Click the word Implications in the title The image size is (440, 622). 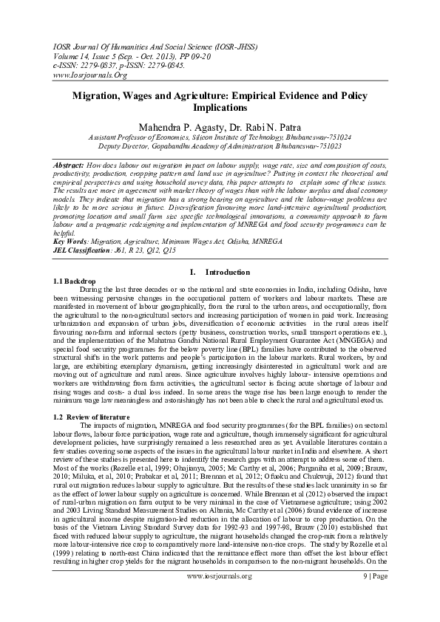click(x=220, y=107)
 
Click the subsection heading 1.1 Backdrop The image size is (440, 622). click(x=75, y=281)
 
